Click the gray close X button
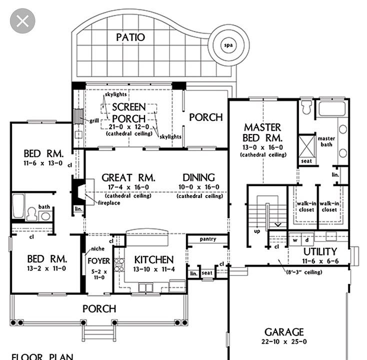22,21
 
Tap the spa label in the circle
228,45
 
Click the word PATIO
130,37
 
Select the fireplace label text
109,202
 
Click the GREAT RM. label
128,177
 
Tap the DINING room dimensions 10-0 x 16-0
199,187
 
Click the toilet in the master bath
306,107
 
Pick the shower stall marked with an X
306,146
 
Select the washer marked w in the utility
295,240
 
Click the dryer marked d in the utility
307,240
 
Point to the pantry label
208,239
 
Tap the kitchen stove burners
119,264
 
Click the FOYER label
99,261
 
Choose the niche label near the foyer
97,248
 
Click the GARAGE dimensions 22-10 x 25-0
284,341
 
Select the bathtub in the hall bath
18,206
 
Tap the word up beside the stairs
257,231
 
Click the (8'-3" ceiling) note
304,272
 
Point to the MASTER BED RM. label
262,132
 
